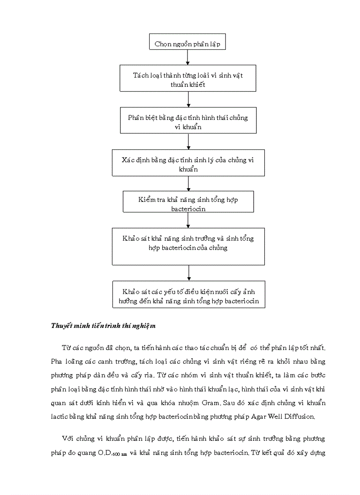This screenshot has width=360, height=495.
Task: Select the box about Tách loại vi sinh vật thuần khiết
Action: coord(188,79)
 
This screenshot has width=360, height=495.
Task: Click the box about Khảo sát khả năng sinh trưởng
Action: coord(188,246)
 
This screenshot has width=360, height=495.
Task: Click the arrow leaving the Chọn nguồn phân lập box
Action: coord(188,58)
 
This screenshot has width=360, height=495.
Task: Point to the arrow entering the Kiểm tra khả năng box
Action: coord(188,183)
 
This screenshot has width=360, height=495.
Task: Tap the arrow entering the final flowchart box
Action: coord(189,273)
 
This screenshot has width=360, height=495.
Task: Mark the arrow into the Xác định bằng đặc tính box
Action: coord(188,141)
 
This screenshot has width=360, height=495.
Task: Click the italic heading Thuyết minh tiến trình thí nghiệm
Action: coord(104,326)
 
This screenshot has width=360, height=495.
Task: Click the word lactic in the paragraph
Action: coord(60,416)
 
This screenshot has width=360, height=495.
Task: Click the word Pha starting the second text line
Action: coord(56,361)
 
